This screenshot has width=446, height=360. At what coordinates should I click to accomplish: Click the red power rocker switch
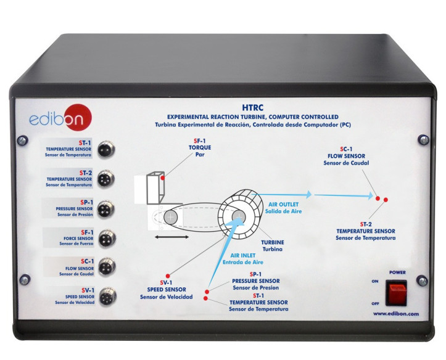pyautogui.click(x=396, y=293)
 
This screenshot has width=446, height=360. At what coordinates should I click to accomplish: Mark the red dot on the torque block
pyautogui.click(x=162, y=178)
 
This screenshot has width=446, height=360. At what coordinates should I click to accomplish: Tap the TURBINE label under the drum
pyautogui.click(x=272, y=243)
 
